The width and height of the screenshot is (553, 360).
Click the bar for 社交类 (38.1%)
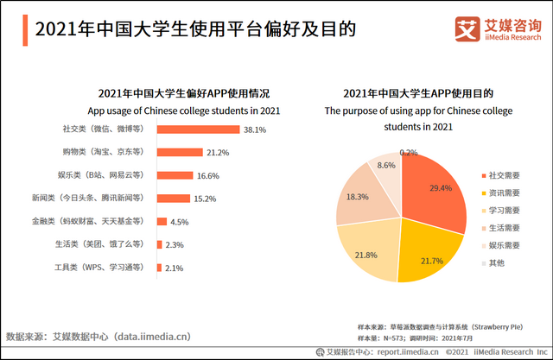point(197,129)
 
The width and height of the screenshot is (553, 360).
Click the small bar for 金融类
point(161,222)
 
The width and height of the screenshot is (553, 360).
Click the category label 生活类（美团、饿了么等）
point(99,245)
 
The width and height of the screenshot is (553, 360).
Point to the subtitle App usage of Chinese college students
point(183,111)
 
